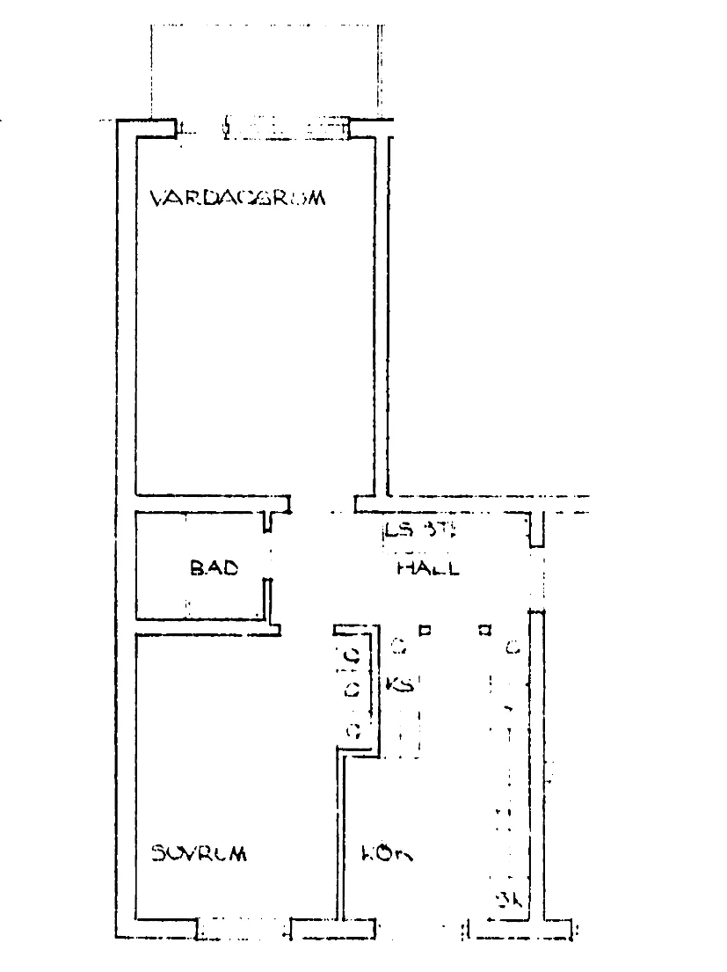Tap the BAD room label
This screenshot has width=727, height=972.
coord(214,568)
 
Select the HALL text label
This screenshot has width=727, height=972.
coord(428,568)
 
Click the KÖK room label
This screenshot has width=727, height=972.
coord(387,853)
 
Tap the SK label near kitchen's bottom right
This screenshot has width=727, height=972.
coord(511,899)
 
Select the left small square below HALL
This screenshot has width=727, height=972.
coord(425,630)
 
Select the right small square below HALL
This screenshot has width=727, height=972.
coord(483,630)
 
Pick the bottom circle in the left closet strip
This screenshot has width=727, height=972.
coord(353,729)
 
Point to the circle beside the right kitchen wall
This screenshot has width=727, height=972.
coord(512,649)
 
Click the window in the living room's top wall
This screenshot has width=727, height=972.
coord(286,128)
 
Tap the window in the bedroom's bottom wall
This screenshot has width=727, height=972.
coord(243,929)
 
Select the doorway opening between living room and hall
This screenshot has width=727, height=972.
coord(324,504)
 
